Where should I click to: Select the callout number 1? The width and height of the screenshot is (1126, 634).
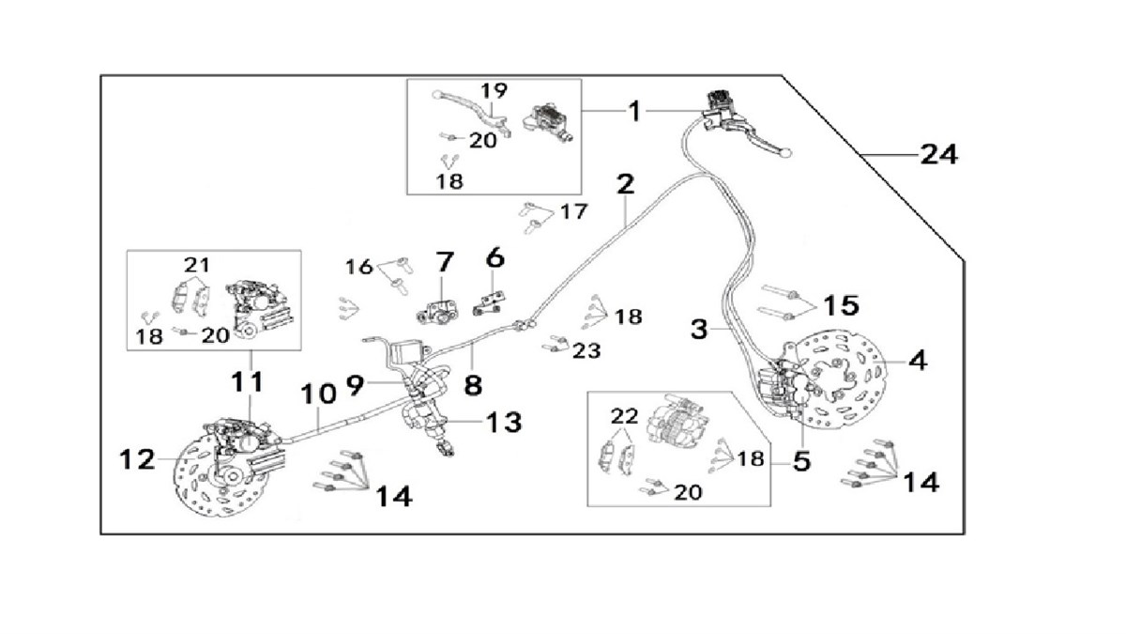[x=634, y=112]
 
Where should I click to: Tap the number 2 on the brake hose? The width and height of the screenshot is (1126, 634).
[x=626, y=184]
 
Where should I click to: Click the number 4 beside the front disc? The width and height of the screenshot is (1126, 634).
[x=919, y=360]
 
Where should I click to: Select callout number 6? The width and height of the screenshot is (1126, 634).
[x=495, y=255]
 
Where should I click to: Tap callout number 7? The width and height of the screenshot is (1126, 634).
[x=443, y=260]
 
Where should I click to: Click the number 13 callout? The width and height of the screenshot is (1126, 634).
[x=504, y=423]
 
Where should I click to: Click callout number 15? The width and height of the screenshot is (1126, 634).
[x=841, y=304]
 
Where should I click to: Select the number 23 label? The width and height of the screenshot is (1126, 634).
[x=586, y=350]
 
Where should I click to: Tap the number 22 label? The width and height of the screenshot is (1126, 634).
[x=624, y=415]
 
